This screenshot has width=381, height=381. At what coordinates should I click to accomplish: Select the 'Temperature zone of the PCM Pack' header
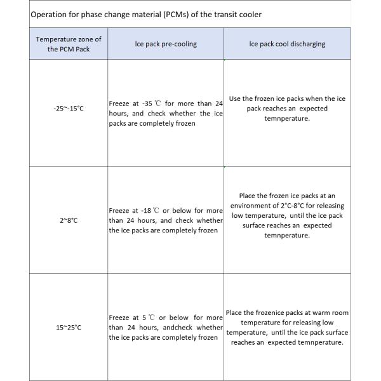pyautogui.click(x=69, y=44)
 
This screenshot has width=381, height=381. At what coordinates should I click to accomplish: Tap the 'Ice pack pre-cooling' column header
pyautogui.click(x=165, y=44)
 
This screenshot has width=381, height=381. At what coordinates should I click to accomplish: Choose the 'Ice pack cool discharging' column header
pyautogui.click(x=287, y=44)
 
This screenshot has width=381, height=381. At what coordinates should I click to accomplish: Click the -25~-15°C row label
pyautogui.click(x=69, y=109)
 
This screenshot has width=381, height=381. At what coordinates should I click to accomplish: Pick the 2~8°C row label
pyautogui.click(x=69, y=220)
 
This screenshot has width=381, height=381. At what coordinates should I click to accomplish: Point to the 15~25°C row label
pyautogui.click(x=69, y=328)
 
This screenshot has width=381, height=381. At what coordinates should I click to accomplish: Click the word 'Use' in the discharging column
pyautogui.click(x=235, y=98)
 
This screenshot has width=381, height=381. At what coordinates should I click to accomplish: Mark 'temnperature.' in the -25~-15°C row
pyautogui.click(x=287, y=118)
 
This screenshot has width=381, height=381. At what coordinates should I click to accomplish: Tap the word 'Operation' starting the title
pyautogui.click(x=48, y=15)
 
